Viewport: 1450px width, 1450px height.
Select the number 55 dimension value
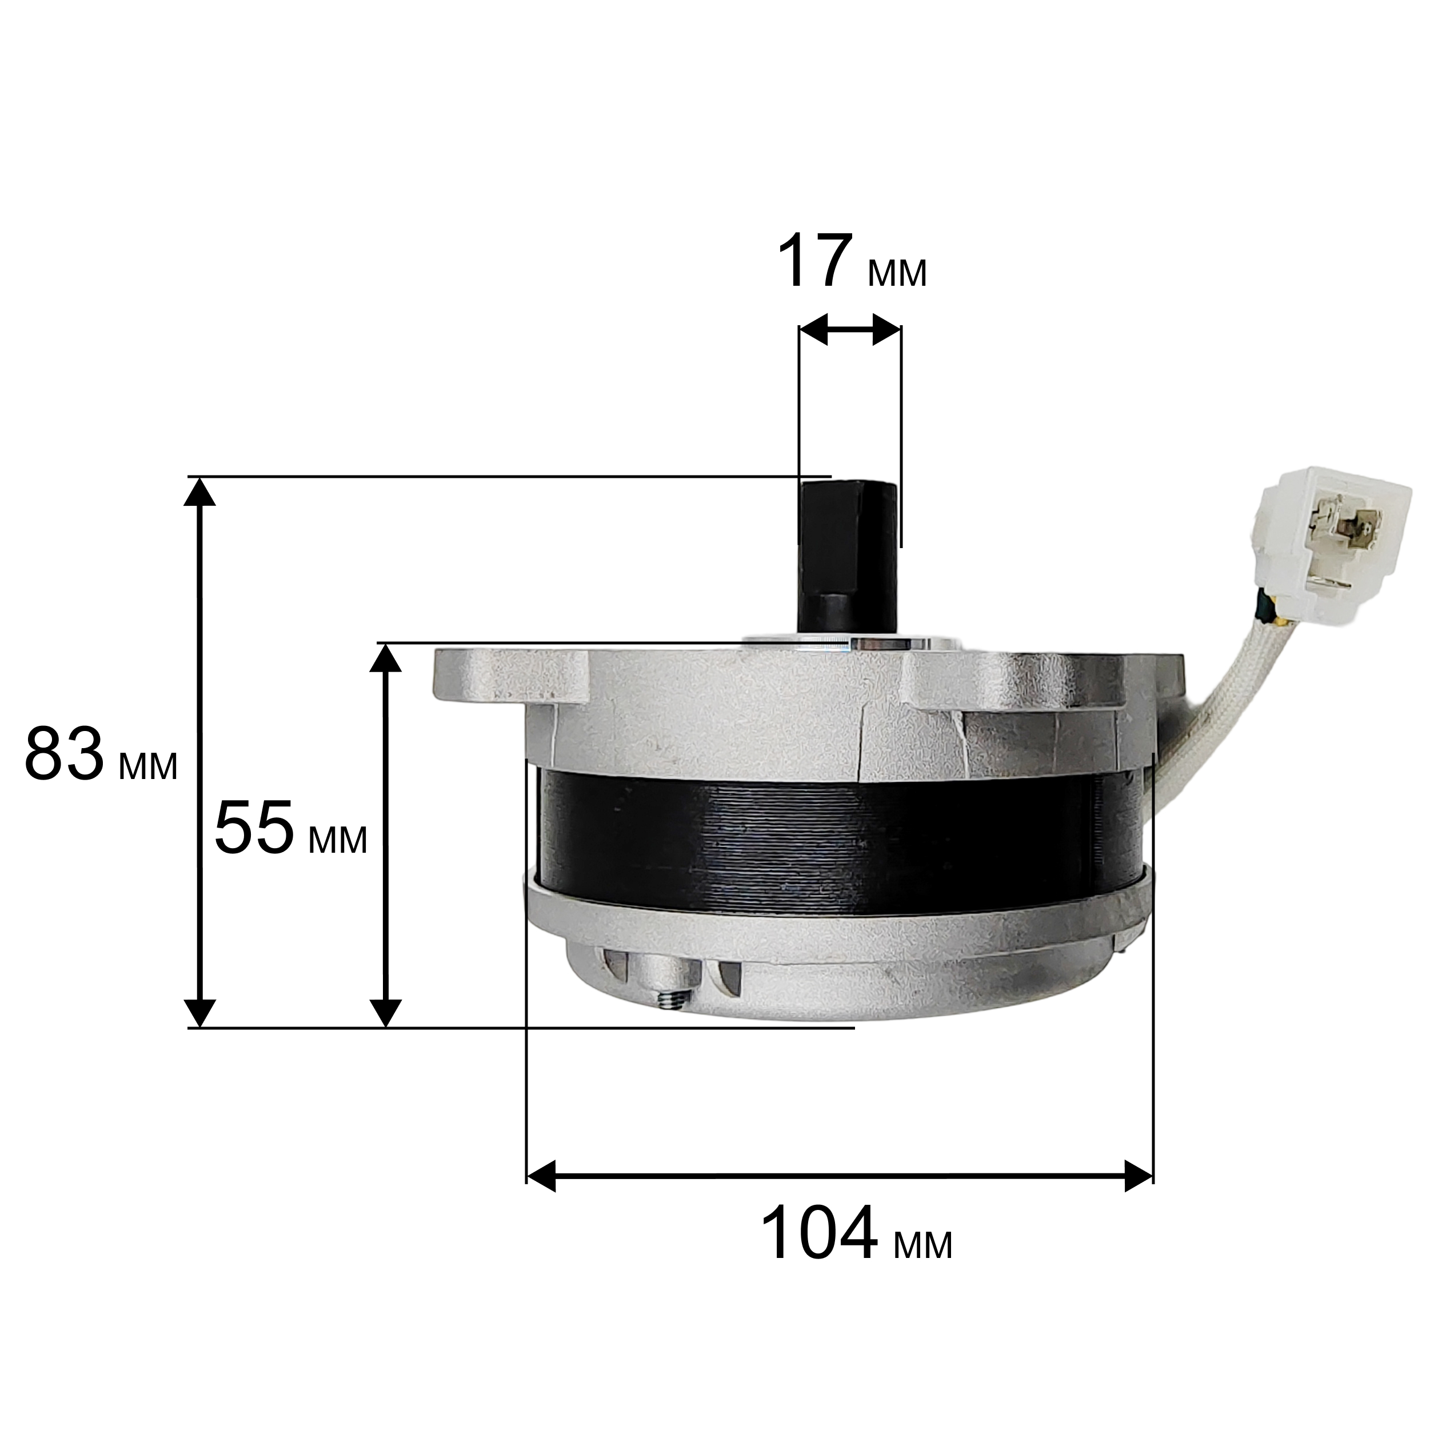(254, 827)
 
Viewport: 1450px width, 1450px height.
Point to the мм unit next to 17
(897, 273)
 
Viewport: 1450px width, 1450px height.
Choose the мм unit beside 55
(338, 841)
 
